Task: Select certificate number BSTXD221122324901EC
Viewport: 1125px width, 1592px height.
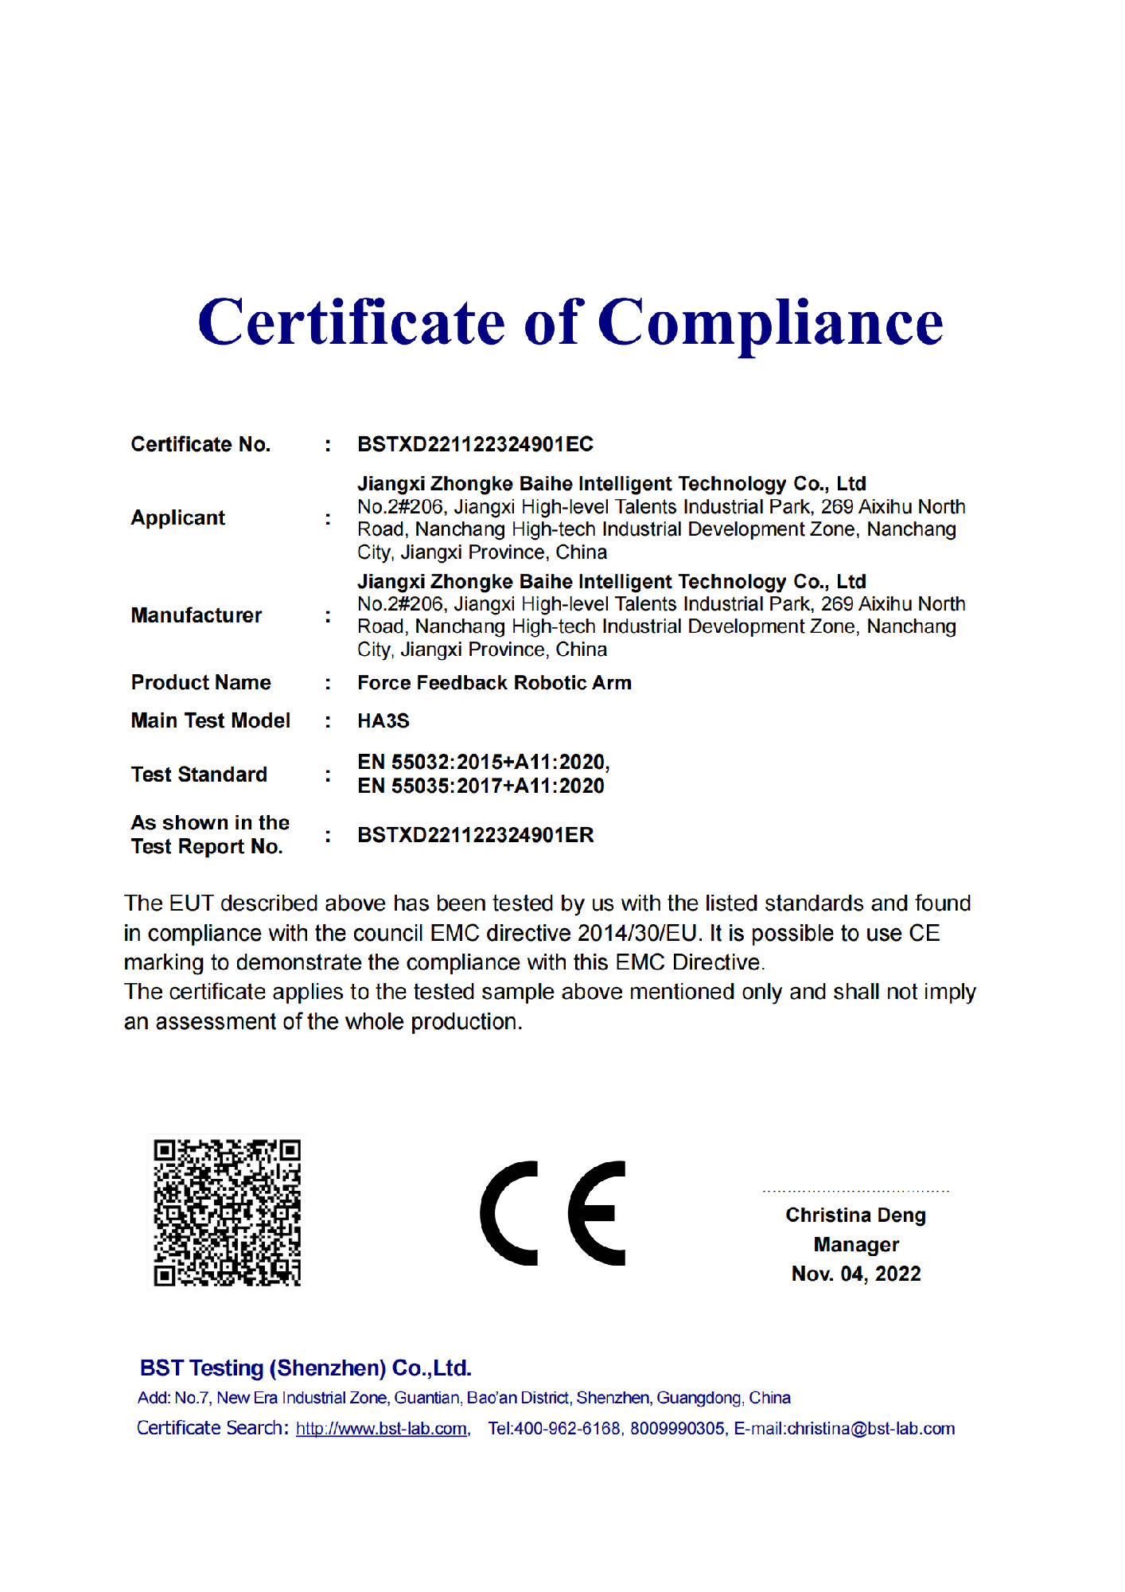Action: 475,444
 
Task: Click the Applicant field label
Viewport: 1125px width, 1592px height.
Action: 177,518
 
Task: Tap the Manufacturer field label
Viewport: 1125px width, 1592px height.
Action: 196,615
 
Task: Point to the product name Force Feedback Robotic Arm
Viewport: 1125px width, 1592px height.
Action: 494,683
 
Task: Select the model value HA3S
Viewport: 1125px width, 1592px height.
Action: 383,721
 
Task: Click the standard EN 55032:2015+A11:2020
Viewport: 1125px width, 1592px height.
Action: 482,763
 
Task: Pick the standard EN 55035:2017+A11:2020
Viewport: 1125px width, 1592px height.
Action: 481,786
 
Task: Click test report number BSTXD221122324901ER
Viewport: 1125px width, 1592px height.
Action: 475,835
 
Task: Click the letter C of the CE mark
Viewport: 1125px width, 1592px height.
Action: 509,1213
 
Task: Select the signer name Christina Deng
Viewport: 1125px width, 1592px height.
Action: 855,1215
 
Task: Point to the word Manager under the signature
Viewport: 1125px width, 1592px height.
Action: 856,1245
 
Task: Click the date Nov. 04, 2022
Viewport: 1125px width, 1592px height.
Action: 856,1274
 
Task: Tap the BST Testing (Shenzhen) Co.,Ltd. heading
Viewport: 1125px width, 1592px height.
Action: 306,1368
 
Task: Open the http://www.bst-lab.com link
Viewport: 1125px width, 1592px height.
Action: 381,1429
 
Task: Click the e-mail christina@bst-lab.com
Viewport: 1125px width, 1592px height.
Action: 870,1429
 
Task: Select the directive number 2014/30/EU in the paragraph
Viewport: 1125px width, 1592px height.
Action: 637,933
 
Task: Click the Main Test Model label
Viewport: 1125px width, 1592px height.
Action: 210,721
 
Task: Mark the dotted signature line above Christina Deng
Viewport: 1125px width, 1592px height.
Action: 855,1192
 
